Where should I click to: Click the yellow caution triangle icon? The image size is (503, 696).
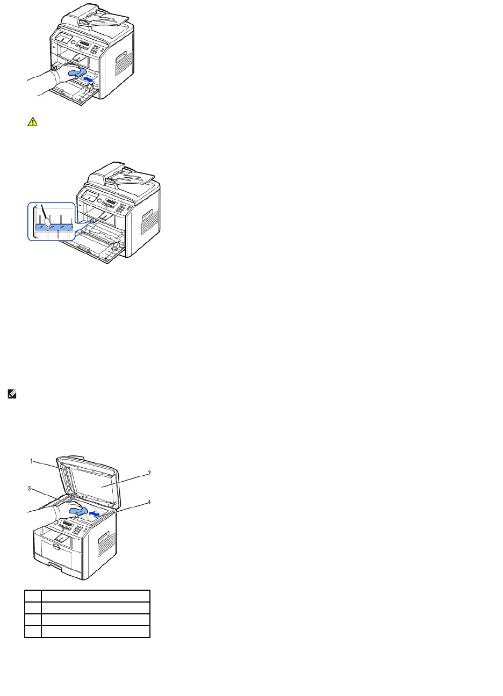[x=32, y=122]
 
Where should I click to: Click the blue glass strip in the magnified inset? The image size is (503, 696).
[x=53, y=228]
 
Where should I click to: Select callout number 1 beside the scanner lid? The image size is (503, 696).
[x=32, y=461]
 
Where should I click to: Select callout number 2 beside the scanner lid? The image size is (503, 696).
[x=149, y=473]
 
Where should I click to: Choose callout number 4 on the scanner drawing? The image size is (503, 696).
[x=149, y=503]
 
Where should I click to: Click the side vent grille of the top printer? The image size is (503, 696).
[x=123, y=63]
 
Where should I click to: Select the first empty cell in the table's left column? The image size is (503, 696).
[x=33, y=595]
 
